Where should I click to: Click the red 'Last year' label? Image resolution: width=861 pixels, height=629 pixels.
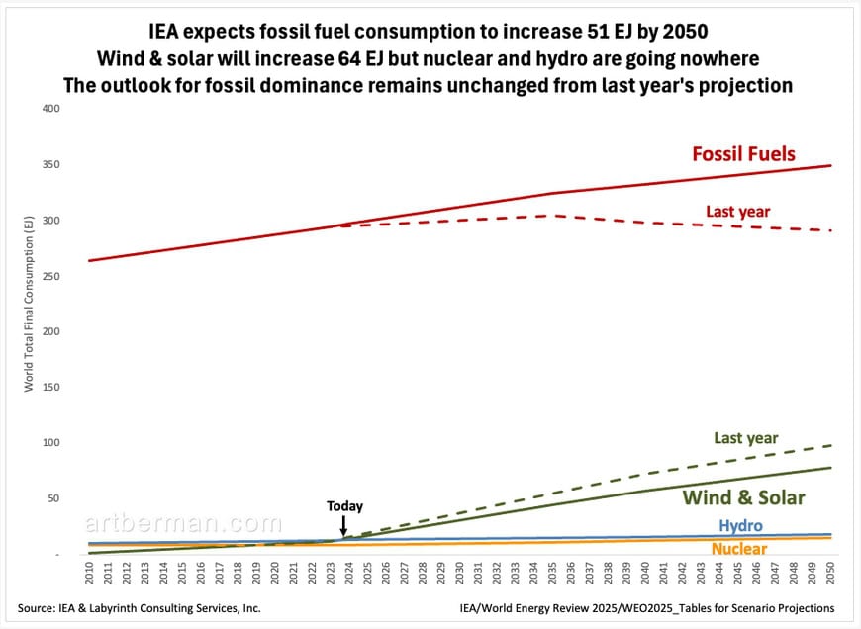pos(737,211)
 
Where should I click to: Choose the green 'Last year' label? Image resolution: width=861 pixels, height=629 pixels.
pos(745,438)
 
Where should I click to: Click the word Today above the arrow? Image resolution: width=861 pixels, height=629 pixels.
pos(344,506)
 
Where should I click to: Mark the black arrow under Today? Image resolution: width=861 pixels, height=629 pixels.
pos(343,527)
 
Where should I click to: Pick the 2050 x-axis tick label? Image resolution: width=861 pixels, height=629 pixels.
pos(830,576)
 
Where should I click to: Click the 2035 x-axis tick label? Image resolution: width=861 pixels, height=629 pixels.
pos(553,576)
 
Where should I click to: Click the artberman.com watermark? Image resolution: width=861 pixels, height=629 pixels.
pos(183,523)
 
